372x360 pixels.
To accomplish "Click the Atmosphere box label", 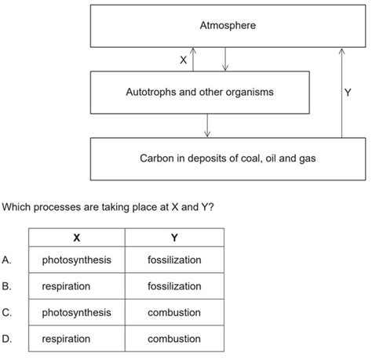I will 228,26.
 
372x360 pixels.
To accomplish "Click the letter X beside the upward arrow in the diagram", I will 183,60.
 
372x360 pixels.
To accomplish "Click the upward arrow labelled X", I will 194,59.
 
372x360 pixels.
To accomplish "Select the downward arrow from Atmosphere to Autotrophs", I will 225,59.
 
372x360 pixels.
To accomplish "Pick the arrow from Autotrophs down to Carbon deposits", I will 207,124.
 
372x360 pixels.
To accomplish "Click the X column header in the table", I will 76,238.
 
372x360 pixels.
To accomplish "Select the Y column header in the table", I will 174,238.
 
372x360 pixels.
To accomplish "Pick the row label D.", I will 7,339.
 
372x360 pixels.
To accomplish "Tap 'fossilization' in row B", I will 174,286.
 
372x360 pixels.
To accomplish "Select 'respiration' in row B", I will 67,286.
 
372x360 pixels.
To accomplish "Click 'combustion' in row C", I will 174,312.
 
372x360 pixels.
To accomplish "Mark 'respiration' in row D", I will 67,339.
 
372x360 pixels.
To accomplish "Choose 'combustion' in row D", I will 174,339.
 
